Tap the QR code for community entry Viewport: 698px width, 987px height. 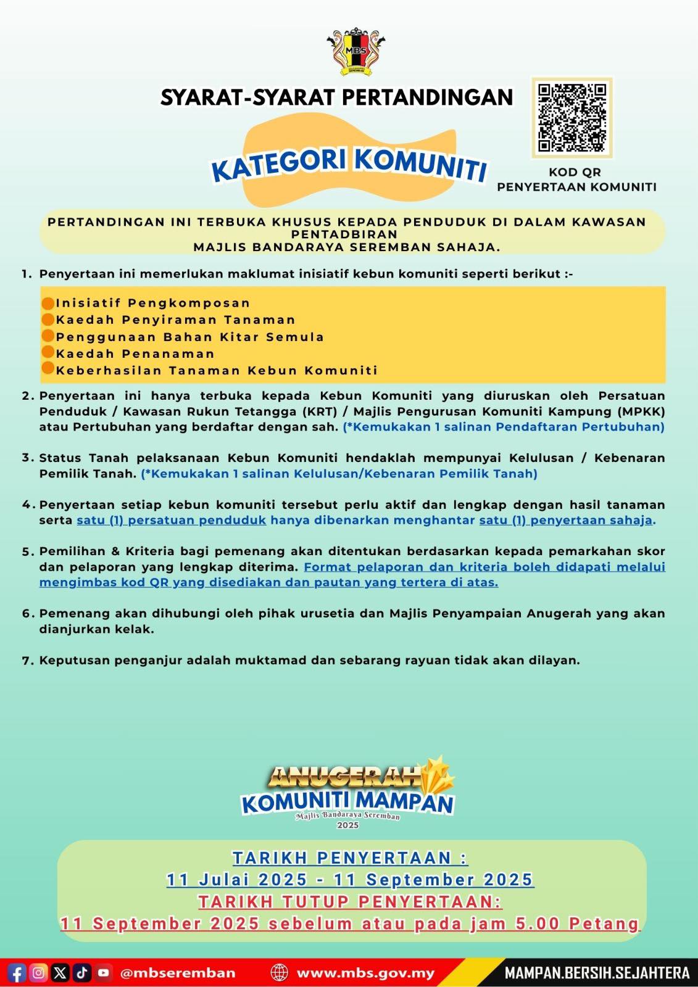pyautogui.click(x=571, y=117)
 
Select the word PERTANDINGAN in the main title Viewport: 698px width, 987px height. pyautogui.click(x=427, y=97)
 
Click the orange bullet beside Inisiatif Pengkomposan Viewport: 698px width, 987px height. pyautogui.click(x=48, y=304)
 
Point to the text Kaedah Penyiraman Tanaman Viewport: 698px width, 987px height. pyautogui.click(x=175, y=320)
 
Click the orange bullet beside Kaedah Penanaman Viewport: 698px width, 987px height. pyautogui.click(x=48, y=353)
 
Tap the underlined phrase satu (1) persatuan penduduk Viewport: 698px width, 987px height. pyautogui.click(x=171, y=520)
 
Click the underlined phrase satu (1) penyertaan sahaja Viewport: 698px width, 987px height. pyautogui.click(x=565, y=520)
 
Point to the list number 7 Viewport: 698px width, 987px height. pyautogui.click(x=27, y=661)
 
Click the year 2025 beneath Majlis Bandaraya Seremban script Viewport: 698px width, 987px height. pyautogui.click(x=347, y=825)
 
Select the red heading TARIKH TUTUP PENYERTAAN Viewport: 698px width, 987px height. pyautogui.click(x=349, y=902)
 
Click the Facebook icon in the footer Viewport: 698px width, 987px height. pyautogui.click(x=17, y=973)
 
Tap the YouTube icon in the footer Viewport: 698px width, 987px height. pyautogui.click(x=103, y=973)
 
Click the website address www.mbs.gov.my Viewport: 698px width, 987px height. pyautogui.click(x=365, y=973)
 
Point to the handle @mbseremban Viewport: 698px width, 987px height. pyautogui.click(x=178, y=973)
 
